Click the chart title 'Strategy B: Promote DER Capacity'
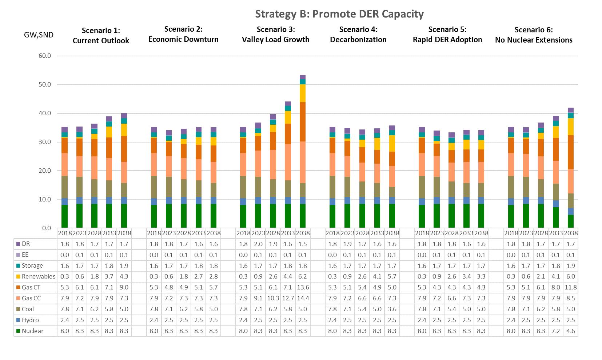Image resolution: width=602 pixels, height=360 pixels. (339, 14)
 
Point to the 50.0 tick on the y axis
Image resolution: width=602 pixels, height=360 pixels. (44, 85)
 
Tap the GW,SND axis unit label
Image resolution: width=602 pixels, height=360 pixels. (37, 35)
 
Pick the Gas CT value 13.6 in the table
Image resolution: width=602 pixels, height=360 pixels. (303, 287)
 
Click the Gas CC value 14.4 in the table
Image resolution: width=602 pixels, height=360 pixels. (303, 298)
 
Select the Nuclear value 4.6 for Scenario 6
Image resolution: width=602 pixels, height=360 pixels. (570, 331)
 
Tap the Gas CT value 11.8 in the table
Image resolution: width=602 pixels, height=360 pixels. (570, 287)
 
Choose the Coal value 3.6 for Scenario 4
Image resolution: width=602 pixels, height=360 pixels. (392, 309)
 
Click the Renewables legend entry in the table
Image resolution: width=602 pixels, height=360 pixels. (38, 276)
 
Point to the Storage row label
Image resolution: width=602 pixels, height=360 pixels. (32, 265)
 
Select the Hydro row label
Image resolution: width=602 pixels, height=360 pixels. (30, 320)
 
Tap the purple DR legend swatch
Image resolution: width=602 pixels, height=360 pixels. (18, 244)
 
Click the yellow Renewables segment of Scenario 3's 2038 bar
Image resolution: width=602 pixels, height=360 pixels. (303, 93)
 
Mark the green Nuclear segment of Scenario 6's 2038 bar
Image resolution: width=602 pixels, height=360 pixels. (570, 221)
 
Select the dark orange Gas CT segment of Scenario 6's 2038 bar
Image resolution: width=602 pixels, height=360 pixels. (570, 152)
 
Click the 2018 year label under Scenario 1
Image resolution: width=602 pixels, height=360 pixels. (64, 233)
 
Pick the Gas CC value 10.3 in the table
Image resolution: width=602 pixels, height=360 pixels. (273, 298)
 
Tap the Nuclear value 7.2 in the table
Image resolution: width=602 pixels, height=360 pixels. (555, 331)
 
